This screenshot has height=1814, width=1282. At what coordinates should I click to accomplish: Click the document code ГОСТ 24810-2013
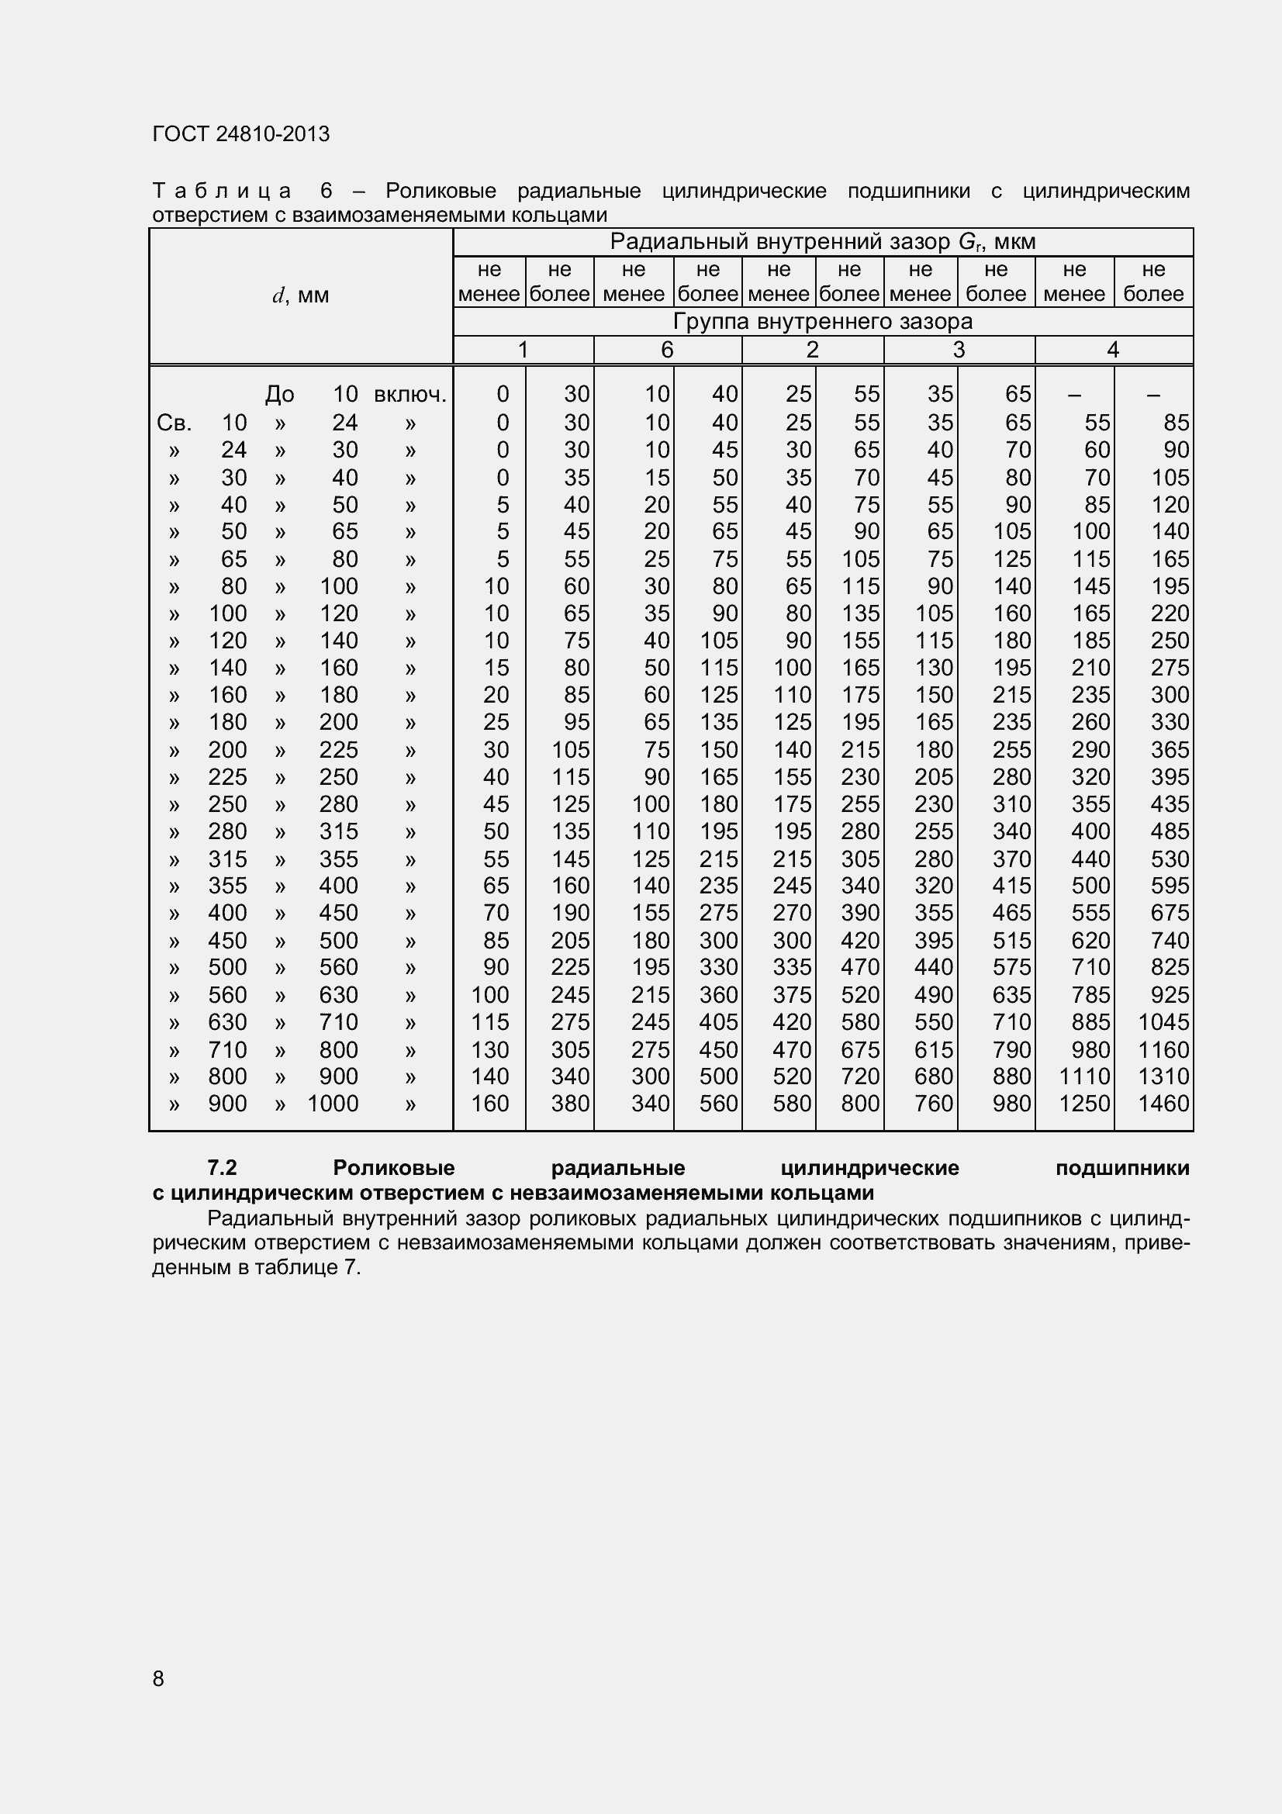pyautogui.click(x=241, y=134)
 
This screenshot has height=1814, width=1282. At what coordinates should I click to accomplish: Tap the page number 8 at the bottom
pyautogui.click(x=158, y=1678)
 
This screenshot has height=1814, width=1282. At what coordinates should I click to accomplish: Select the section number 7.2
pyautogui.click(x=222, y=1168)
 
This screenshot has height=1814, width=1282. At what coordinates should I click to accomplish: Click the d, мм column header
pyautogui.click(x=300, y=295)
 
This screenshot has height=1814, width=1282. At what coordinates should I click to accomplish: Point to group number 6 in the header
pyautogui.click(x=667, y=350)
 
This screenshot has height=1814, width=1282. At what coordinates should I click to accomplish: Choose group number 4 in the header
pyautogui.click(x=1113, y=350)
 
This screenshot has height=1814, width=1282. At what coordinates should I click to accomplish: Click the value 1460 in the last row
pyautogui.click(x=1163, y=1104)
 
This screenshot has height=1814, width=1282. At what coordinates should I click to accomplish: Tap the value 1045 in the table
pyautogui.click(x=1163, y=1022)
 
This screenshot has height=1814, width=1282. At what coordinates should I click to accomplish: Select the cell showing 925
pyautogui.click(x=1169, y=995)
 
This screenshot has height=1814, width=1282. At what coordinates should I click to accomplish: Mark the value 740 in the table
pyautogui.click(x=1169, y=940)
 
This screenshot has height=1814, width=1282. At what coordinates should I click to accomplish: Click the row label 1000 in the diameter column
pyautogui.click(x=333, y=1104)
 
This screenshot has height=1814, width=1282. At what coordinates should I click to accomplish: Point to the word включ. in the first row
pyautogui.click(x=410, y=394)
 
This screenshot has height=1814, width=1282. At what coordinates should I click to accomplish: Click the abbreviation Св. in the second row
pyautogui.click(x=175, y=423)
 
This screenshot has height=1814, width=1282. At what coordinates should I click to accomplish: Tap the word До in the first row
pyautogui.click(x=280, y=394)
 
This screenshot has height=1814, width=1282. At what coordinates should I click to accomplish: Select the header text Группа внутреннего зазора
pyautogui.click(x=822, y=322)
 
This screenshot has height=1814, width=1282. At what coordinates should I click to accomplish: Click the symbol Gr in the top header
pyautogui.click(x=969, y=243)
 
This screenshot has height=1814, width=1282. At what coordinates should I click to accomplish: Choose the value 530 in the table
pyautogui.click(x=1169, y=859)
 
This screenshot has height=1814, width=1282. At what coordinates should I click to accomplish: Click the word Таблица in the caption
pyautogui.click(x=222, y=192)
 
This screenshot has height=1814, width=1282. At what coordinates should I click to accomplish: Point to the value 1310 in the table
pyautogui.click(x=1163, y=1076)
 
